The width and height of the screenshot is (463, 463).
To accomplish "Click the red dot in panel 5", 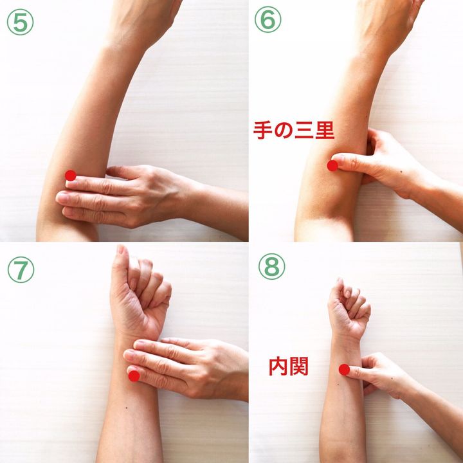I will tap(71, 176).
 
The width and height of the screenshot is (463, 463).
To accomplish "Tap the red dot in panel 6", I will tap(332, 166).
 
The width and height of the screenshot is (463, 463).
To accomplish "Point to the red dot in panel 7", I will tap(134, 376).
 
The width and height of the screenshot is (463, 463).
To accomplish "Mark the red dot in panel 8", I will tap(344, 370).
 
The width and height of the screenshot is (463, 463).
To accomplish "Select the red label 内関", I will tap(288, 367).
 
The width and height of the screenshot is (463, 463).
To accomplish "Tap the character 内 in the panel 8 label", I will tap(278, 367).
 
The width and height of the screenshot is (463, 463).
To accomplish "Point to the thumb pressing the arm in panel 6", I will tap(350, 163).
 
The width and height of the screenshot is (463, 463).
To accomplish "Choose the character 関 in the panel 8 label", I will tap(298, 367).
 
